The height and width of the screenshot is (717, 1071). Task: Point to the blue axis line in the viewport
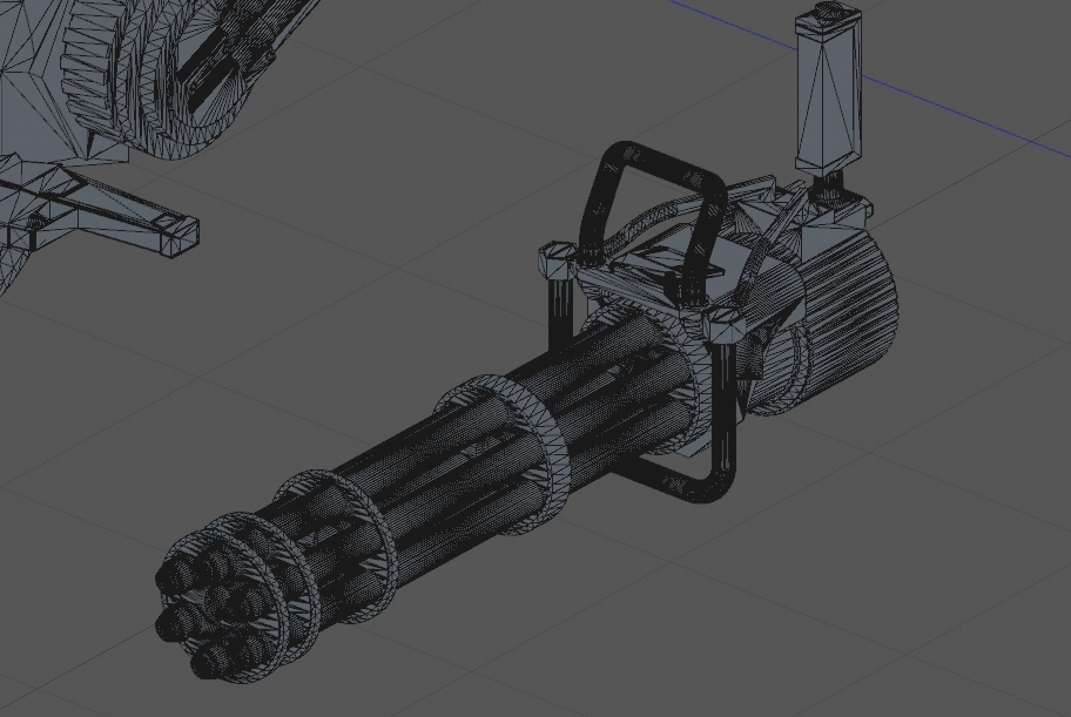[x=939, y=106]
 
